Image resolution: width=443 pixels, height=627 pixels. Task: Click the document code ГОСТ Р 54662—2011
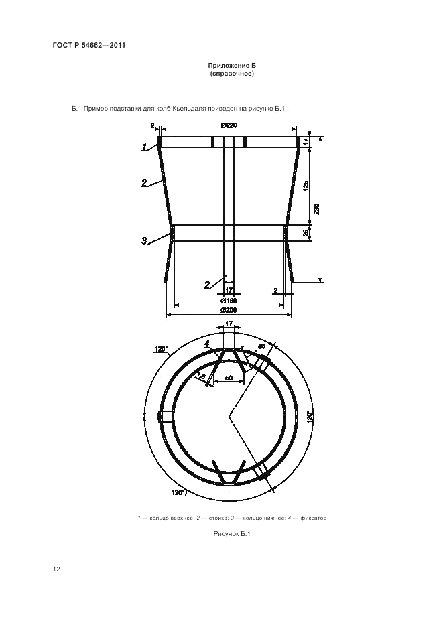(89, 45)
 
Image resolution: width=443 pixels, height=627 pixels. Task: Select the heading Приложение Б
(232, 65)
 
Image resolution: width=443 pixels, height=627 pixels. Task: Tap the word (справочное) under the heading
(232, 74)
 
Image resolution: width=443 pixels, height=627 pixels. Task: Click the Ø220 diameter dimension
(229, 125)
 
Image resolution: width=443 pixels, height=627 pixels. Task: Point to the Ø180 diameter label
(229, 301)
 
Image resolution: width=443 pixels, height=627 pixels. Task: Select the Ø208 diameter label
(229, 310)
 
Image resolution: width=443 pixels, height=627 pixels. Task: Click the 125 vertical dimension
(306, 186)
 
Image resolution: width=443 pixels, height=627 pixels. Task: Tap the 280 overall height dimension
(316, 209)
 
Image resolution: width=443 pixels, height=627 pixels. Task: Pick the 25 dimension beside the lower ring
(306, 232)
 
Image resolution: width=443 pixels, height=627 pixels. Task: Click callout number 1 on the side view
(143, 147)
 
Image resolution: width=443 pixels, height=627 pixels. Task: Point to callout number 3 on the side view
(144, 240)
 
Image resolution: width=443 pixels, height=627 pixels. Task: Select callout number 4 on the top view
(207, 343)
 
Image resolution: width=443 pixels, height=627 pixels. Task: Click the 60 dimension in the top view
(229, 378)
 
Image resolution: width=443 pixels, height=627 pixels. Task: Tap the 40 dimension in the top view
(261, 346)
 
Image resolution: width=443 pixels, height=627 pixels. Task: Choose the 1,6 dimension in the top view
(201, 376)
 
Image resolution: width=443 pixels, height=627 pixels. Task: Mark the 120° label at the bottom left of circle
(178, 492)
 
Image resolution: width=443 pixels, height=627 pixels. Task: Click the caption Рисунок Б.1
(232, 533)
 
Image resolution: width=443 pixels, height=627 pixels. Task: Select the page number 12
(56, 569)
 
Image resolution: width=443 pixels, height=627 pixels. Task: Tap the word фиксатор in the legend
(314, 518)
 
